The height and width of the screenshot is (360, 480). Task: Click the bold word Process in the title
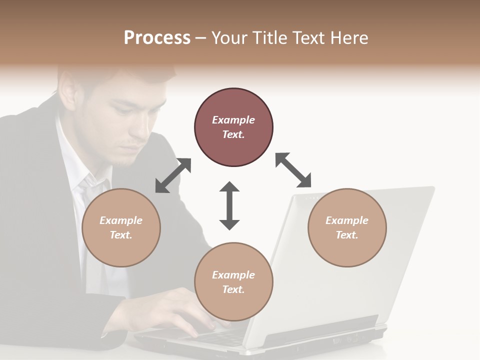[157, 38]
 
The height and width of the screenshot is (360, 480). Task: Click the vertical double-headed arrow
[229, 205]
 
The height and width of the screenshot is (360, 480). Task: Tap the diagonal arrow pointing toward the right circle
[293, 170]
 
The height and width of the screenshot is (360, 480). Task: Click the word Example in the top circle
[233, 120]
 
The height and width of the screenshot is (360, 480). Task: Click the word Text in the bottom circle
[233, 289]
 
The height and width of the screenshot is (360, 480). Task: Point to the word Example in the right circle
[347, 220]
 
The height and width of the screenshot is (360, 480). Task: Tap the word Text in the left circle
[120, 235]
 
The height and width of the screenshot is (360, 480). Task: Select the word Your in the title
[228, 38]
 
